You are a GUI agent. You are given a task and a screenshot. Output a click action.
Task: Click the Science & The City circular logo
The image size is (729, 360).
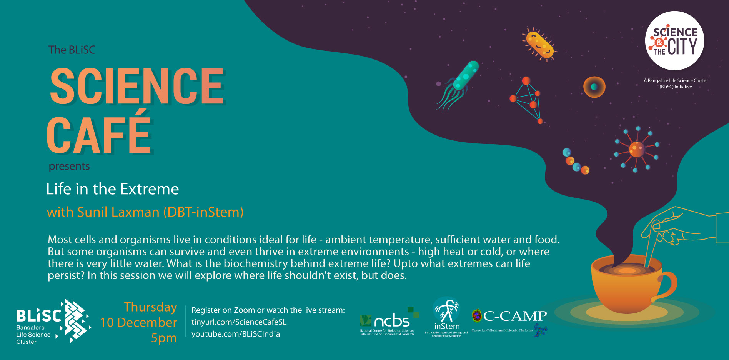pyautogui.click(x=675, y=41)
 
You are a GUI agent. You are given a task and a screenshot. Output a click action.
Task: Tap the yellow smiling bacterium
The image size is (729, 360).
pyautogui.click(x=539, y=45)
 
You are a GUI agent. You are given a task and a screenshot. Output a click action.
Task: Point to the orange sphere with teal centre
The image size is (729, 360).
pyautogui.click(x=594, y=87)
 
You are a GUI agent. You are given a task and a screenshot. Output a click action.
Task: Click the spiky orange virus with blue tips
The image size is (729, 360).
pyautogui.click(x=636, y=149)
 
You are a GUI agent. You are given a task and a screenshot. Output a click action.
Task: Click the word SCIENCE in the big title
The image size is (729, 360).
pyautogui.click(x=137, y=86)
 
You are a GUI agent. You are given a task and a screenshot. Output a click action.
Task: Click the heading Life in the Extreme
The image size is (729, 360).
pyautogui.click(x=113, y=189)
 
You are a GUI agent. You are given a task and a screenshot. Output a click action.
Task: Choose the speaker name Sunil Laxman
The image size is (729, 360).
pyautogui.click(x=118, y=212)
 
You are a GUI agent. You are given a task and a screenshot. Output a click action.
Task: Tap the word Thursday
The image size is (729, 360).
pyautogui.click(x=150, y=307)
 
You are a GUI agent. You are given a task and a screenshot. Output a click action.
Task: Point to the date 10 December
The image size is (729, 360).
pyautogui.click(x=138, y=322)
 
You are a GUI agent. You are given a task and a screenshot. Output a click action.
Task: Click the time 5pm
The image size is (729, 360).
pyautogui.click(x=164, y=338)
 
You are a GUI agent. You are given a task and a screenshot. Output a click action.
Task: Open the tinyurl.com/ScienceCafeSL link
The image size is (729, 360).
pyautogui.click(x=239, y=322)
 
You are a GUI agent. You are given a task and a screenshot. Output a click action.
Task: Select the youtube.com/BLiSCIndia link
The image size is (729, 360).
pyautogui.click(x=236, y=334)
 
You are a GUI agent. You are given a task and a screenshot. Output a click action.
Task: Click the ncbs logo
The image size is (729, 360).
pyautogui.click(x=388, y=321)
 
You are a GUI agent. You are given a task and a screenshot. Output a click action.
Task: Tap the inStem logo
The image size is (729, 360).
pyautogui.click(x=446, y=317)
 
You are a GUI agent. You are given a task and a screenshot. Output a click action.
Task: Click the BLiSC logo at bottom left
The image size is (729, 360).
pyautogui.click(x=53, y=321)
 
